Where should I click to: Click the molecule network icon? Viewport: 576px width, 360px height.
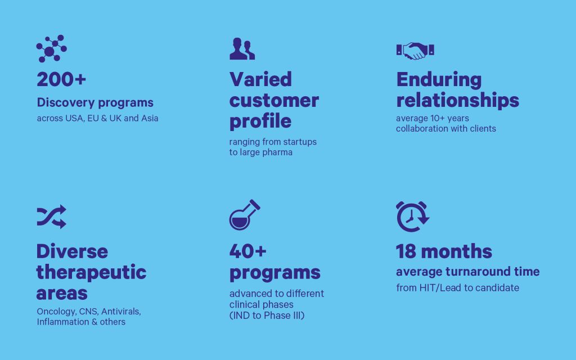pyautogui.click(x=51, y=49)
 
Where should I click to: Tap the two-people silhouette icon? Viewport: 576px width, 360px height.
pyautogui.click(x=242, y=48)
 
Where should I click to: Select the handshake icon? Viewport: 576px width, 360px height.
pyautogui.click(x=415, y=51)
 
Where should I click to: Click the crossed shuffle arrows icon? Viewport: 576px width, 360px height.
pyautogui.click(x=51, y=217)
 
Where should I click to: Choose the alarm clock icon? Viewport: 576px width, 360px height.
pyautogui.click(x=412, y=217)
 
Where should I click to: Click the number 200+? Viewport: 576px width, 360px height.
pyautogui.click(x=61, y=79)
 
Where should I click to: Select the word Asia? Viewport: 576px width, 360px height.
pyautogui.click(x=150, y=118)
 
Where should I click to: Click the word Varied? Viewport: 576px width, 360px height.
pyautogui.click(x=260, y=79)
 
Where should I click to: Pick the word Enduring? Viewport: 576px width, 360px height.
pyautogui.click(x=439, y=80)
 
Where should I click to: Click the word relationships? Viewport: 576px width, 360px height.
pyautogui.click(x=458, y=100)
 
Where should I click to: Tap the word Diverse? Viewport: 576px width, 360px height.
pyautogui.click(x=72, y=251)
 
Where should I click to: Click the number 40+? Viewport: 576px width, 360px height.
pyautogui.click(x=248, y=251)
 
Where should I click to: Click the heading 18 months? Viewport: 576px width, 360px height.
pyautogui.click(x=444, y=251)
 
